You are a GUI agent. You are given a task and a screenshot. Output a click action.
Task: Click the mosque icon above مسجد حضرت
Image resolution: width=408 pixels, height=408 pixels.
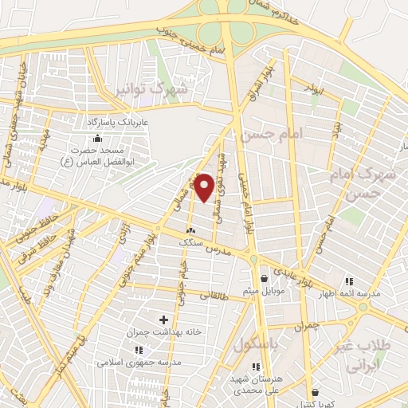(98, 139)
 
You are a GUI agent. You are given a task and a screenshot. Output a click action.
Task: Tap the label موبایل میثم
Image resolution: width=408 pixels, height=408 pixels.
(261, 292)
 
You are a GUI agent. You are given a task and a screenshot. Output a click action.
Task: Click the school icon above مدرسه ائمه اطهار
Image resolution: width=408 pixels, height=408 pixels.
(348, 281)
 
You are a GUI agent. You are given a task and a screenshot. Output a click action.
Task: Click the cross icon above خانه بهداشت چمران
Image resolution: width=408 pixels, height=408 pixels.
(163, 320)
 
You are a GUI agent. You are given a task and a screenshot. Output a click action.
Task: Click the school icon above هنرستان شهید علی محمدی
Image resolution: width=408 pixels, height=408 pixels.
(255, 367)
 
